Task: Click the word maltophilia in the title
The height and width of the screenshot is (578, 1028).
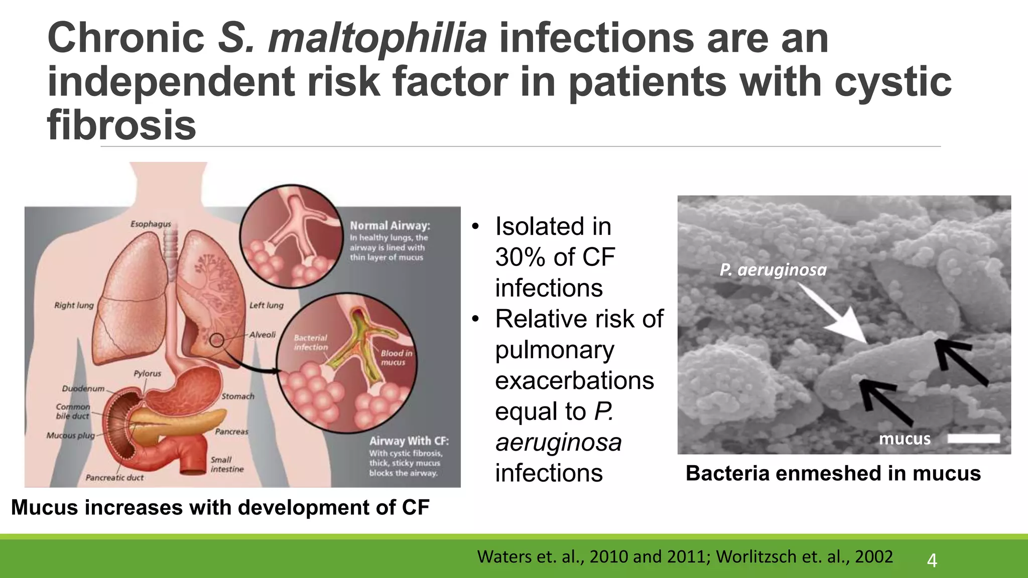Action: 377,39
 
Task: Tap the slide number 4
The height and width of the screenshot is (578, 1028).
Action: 932,560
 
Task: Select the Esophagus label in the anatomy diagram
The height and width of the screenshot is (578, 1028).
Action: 151,224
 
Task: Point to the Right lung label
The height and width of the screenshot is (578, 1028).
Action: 74,305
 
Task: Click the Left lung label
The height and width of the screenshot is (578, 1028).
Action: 266,305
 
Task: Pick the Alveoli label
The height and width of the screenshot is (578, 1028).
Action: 263,335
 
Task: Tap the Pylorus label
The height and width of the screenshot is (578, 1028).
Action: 147,373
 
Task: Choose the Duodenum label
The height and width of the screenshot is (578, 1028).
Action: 83,388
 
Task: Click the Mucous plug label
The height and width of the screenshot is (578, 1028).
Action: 70,436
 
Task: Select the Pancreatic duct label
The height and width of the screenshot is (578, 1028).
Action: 114,478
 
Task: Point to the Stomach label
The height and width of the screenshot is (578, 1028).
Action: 238,396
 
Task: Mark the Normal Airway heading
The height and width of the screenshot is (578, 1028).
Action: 390,226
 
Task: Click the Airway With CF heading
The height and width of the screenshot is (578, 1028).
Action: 409,441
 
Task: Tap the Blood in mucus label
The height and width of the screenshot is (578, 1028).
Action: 396,358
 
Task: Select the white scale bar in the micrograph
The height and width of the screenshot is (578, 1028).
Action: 973,439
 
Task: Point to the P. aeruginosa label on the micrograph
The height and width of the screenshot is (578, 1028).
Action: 773,270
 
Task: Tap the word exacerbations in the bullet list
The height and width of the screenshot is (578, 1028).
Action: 574,381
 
